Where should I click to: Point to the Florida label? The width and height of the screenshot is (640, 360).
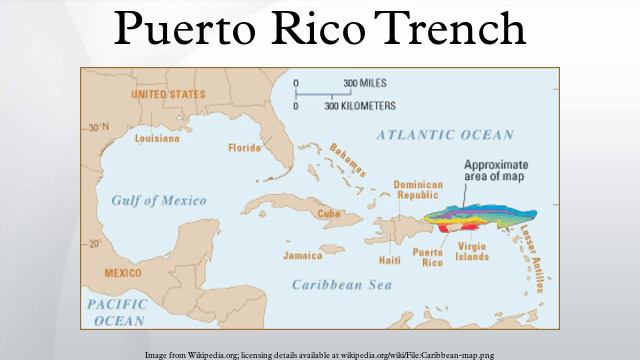[244, 148]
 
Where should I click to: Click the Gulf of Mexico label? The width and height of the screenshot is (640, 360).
[161, 200]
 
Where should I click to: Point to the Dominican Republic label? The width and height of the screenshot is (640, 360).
[417, 191]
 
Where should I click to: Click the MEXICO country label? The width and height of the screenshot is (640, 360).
[123, 272]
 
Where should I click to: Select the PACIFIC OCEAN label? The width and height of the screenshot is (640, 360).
[117, 311]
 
